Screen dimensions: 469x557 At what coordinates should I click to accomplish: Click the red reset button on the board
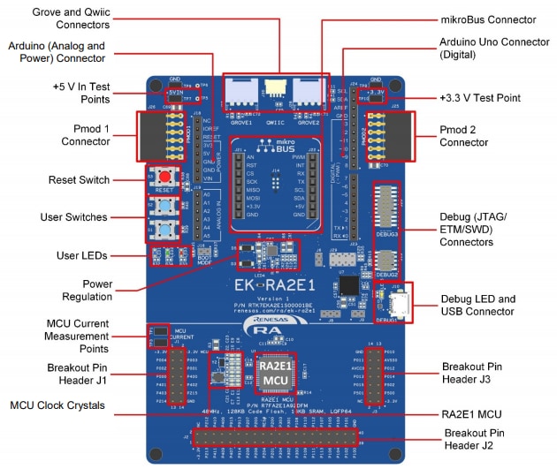164,175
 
